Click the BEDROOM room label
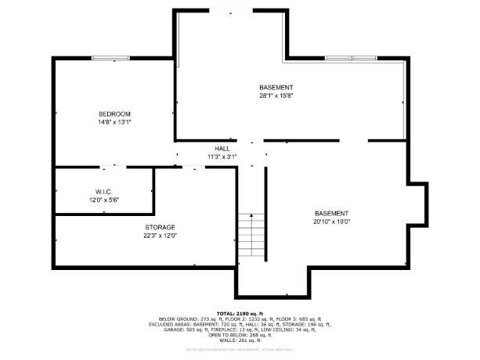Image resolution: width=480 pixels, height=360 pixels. [114, 113]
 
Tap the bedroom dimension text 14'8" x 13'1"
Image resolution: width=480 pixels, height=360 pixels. [114, 122]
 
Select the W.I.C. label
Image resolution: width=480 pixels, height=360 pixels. [103, 192]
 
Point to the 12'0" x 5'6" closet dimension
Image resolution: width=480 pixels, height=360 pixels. [103, 200]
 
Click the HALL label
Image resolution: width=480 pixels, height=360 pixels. [222, 148]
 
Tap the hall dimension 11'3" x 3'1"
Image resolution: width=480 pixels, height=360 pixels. [222, 157]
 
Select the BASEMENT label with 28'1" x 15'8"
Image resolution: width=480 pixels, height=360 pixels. [276, 87]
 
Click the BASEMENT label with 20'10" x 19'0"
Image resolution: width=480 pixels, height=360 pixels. [332, 213]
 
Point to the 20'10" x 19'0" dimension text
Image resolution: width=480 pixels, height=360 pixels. [332, 221]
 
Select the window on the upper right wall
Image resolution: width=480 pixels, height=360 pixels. [350, 58]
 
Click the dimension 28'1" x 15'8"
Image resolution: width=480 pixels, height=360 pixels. [276, 96]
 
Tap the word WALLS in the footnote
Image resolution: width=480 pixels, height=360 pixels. [228, 341]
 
